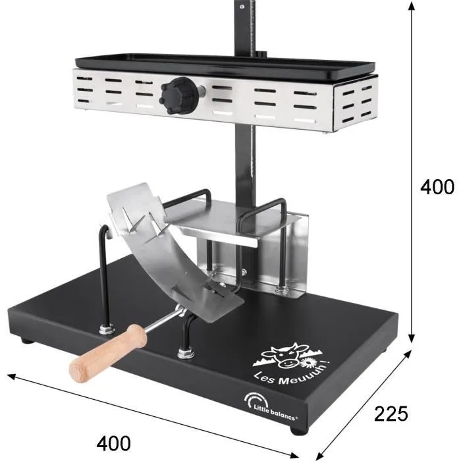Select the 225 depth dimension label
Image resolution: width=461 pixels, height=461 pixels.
(x=391, y=414)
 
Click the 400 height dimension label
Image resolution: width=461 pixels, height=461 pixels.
(x=437, y=187)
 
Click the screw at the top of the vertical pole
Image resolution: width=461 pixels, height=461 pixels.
(x=242, y=7)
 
